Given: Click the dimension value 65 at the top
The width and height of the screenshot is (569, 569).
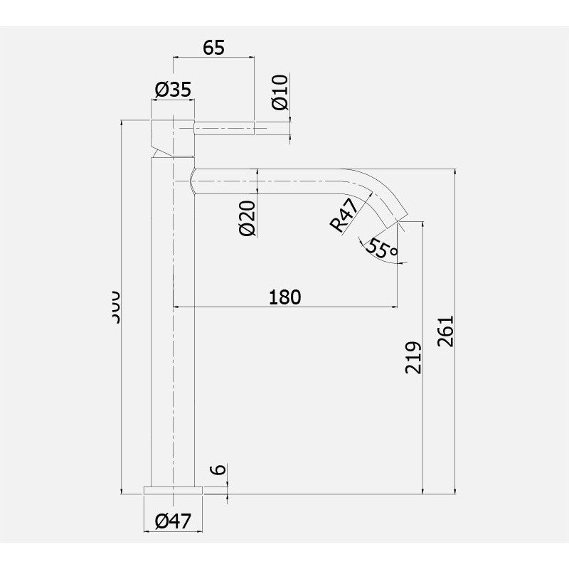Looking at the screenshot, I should (214, 48).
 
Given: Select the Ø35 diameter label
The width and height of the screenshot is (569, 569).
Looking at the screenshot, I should (173, 90).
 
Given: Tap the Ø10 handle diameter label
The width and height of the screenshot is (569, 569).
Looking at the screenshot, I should (280, 92).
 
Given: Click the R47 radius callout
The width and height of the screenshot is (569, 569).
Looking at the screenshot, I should (343, 217).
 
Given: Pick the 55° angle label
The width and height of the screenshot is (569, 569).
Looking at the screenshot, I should (382, 248).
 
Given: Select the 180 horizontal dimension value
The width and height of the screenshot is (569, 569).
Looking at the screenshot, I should (285, 297).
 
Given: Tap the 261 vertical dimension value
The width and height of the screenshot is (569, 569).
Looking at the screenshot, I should (445, 331).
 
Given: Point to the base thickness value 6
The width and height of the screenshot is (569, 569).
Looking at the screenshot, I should (219, 470).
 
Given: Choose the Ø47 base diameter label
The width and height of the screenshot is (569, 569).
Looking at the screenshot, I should (173, 521).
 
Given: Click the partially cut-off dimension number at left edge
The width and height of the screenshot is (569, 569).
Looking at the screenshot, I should (115, 306).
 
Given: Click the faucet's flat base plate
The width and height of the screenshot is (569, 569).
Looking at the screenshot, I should (174, 489).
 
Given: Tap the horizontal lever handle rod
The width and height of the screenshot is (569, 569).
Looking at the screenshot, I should (224, 129).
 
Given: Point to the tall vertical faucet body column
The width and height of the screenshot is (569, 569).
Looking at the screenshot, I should (174, 320).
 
